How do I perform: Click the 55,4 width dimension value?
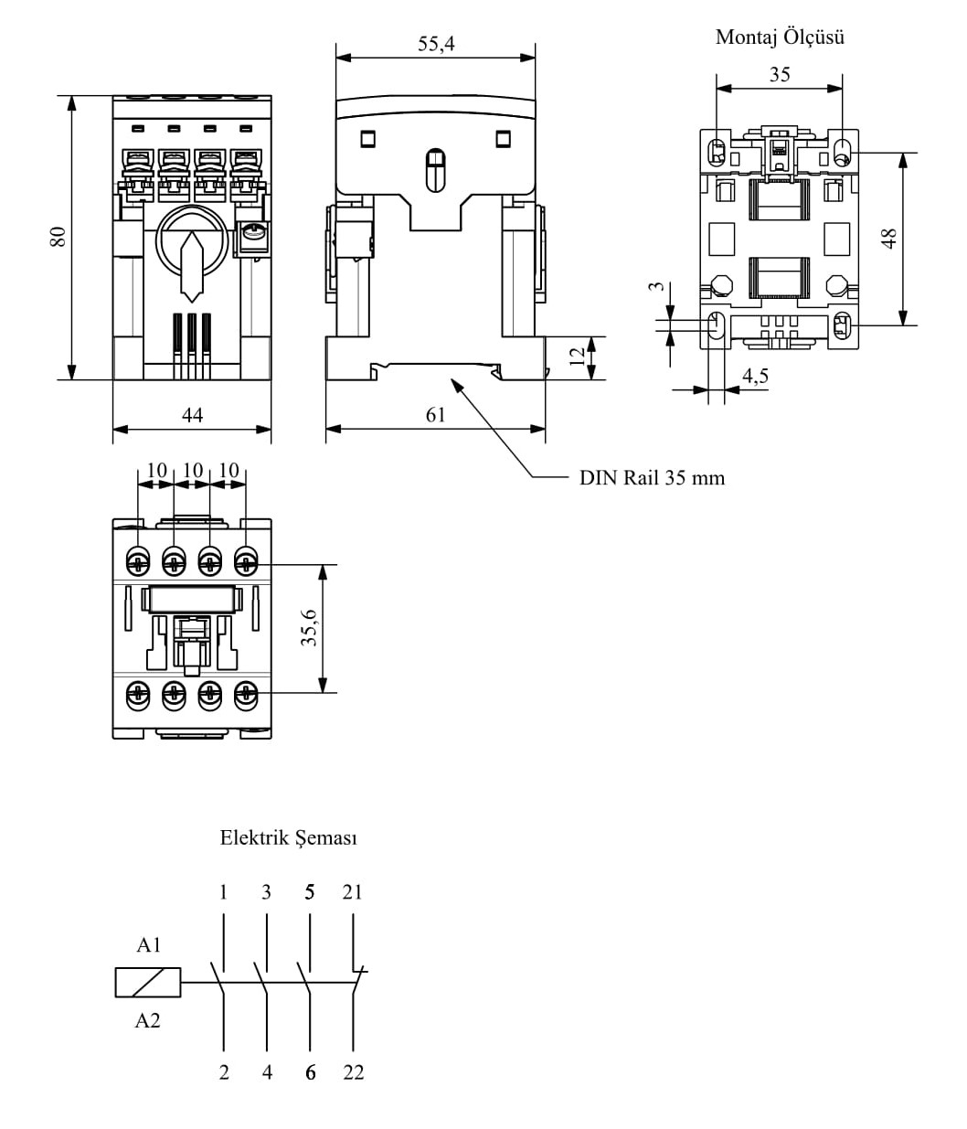[436, 43]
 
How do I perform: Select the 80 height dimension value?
[58, 236]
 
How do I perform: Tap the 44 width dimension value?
[192, 415]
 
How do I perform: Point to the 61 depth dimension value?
[436, 415]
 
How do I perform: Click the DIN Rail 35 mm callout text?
[652, 478]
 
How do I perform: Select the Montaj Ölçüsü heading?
[780, 37]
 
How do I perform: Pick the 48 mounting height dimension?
[888, 238]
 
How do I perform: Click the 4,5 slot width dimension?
[755, 376]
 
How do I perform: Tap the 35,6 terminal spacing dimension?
[310, 628]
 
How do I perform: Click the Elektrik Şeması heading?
[288, 837]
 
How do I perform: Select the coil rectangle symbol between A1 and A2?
[148, 983]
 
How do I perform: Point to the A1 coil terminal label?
[148, 945]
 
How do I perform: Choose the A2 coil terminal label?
[147, 1020]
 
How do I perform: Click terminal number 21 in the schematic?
[353, 892]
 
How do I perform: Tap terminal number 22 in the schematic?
[354, 1073]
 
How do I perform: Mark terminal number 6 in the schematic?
[311, 1073]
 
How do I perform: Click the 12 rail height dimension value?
[577, 357]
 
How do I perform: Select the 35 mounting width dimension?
[780, 75]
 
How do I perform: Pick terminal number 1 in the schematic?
[224, 892]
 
